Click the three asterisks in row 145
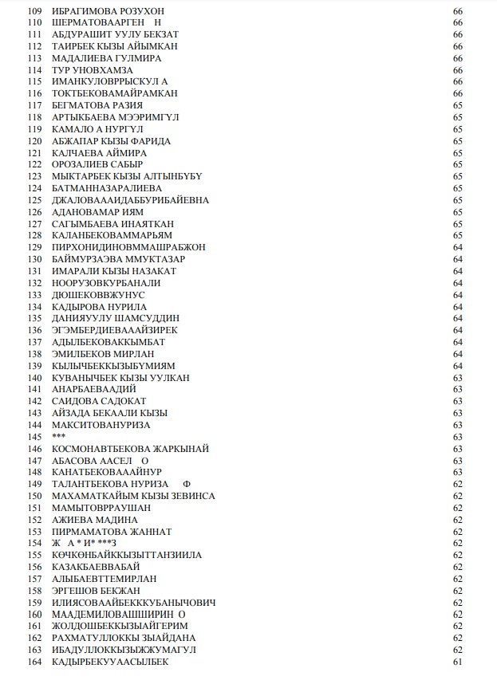click(59, 437)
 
